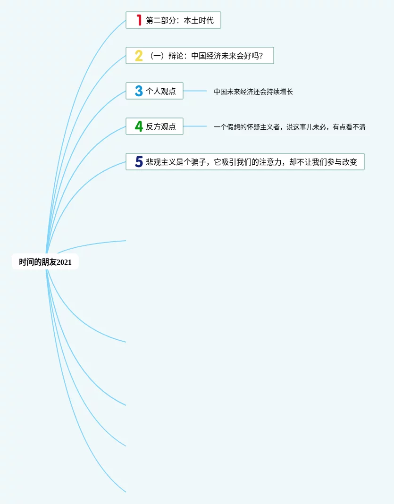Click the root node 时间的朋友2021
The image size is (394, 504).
tap(45, 262)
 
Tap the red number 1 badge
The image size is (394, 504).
tap(139, 20)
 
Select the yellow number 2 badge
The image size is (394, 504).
tap(138, 56)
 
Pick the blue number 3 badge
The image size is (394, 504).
tap(138, 91)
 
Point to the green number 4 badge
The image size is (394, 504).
tap(138, 126)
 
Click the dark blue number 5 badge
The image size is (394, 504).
tap(138, 162)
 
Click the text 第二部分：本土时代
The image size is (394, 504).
tap(180, 21)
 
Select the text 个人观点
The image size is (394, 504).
tap(161, 91)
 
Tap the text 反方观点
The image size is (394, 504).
tap(161, 126)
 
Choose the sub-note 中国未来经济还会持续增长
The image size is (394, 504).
tap(253, 92)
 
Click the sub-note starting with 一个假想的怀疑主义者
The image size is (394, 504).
tap(289, 127)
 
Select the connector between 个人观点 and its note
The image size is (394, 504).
tap(195, 91)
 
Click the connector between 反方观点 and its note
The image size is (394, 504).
tap(195, 126)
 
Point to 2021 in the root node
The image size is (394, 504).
tap(64, 262)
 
